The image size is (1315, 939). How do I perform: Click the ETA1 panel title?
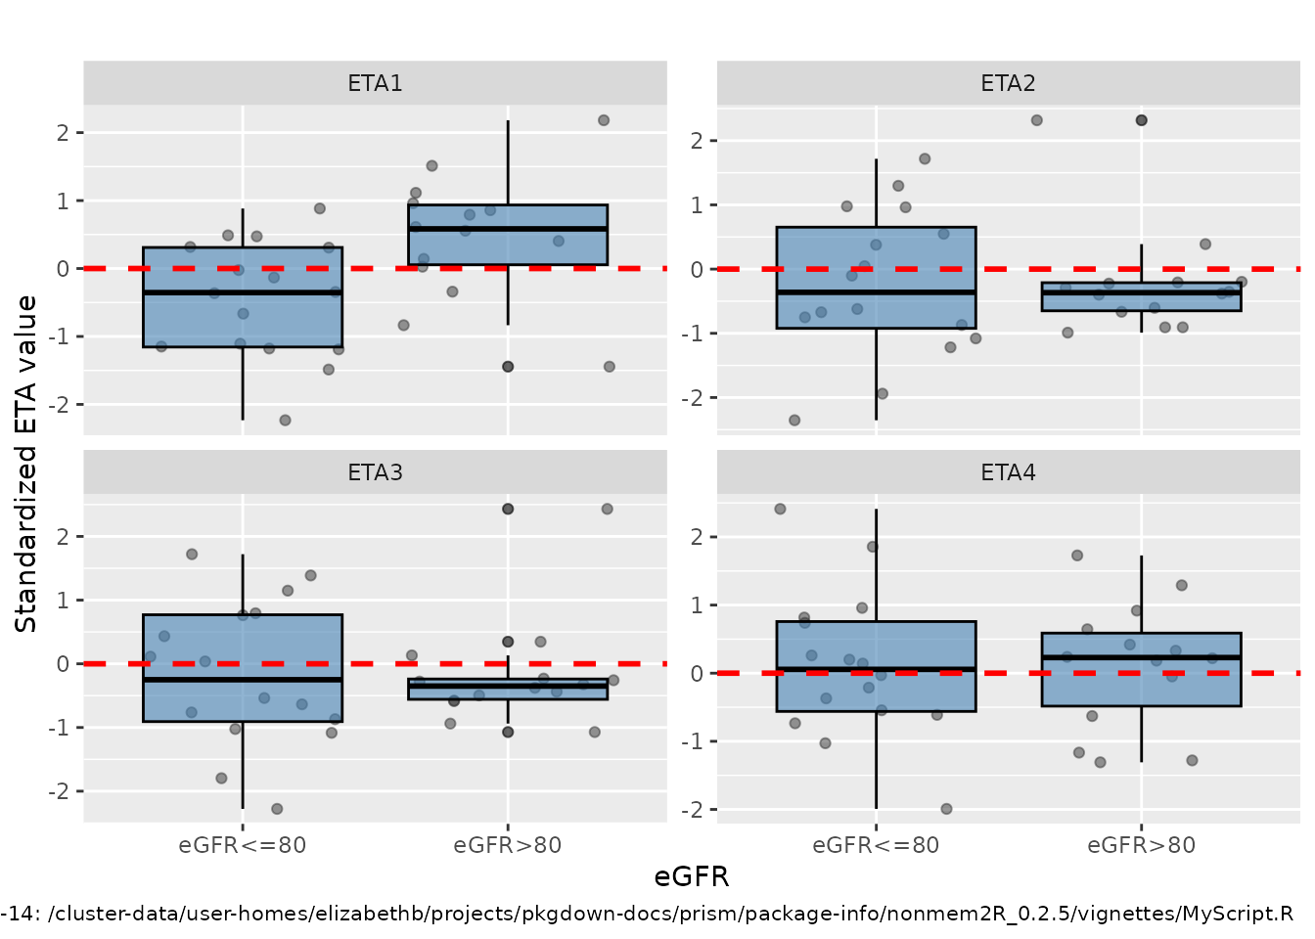tap(375, 83)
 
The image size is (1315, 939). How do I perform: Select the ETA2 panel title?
tap(1008, 83)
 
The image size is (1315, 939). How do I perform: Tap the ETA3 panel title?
tap(375, 472)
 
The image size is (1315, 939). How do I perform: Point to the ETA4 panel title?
tap(1008, 472)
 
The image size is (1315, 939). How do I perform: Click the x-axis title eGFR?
tap(692, 876)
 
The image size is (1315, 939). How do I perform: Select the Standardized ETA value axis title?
tap(26, 464)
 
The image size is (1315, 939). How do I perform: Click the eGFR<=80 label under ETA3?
tap(243, 845)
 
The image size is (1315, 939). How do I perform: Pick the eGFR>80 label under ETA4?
tap(1141, 845)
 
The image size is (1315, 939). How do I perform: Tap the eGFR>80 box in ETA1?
tap(508, 235)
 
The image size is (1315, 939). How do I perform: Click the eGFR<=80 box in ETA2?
tap(876, 277)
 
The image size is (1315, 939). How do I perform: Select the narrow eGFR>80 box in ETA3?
tap(508, 689)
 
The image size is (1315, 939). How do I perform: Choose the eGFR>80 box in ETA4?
tap(1141, 669)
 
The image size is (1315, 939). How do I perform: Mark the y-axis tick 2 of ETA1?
tap(64, 132)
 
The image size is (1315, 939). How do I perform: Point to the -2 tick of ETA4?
tap(696, 809)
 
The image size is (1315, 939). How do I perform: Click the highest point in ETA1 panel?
tap(604, 120)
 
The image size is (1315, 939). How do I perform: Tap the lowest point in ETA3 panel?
tap(277, 809)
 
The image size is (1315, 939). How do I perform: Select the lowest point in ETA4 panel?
tap(946, 809)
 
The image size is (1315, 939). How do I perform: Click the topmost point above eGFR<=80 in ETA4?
tap(780, 509)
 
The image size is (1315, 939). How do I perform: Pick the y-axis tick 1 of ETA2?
tap(697, 205)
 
